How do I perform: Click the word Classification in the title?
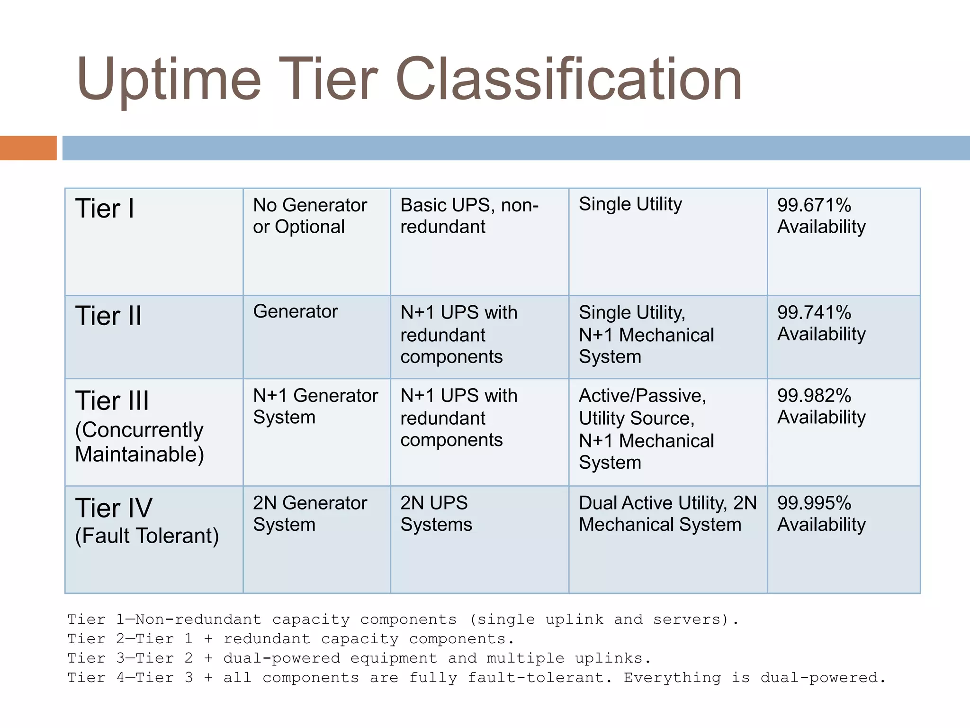click(x=568, y=79)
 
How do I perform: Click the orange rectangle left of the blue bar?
click(x=28, y=148)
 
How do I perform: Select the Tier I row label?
click(x=105, y=209)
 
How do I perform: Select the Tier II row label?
click(x=108, y=316)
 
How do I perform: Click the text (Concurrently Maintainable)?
click(x=139, y=442)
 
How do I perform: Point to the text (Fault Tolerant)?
click(x=147, y=536)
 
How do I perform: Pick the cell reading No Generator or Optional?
click(x=310, y=216)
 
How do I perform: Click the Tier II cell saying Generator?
click(x=296, y=311)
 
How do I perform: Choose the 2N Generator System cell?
click(x=310, y=513)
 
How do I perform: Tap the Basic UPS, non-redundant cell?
click(x=469, y=216)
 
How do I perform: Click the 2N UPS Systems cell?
click(x=436, y=513)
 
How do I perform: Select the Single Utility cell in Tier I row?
click(x=630, y=204)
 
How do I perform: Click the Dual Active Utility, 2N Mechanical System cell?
click(x=667, y=513)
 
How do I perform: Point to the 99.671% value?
click(x=814, y=205)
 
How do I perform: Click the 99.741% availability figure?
click(x=814, y=312)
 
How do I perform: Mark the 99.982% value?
click(x=814, y=395)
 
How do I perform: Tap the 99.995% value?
click(x=814, y=503)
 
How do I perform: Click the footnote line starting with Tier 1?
click(x=403, y=619)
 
